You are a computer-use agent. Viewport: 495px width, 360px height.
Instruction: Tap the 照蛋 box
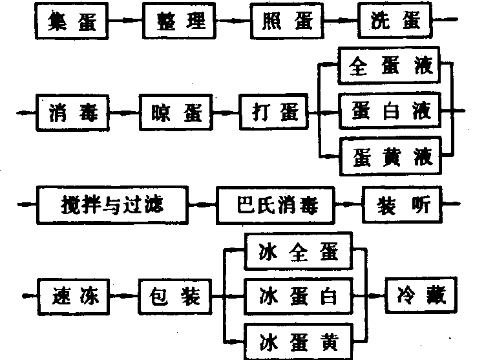(x=286, y=21)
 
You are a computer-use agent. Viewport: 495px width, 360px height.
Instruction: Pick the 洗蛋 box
(x=394, y=21)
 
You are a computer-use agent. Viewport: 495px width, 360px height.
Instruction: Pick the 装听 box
(x=400, y=205)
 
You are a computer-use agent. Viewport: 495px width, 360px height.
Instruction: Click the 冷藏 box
(x=421, y=297)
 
